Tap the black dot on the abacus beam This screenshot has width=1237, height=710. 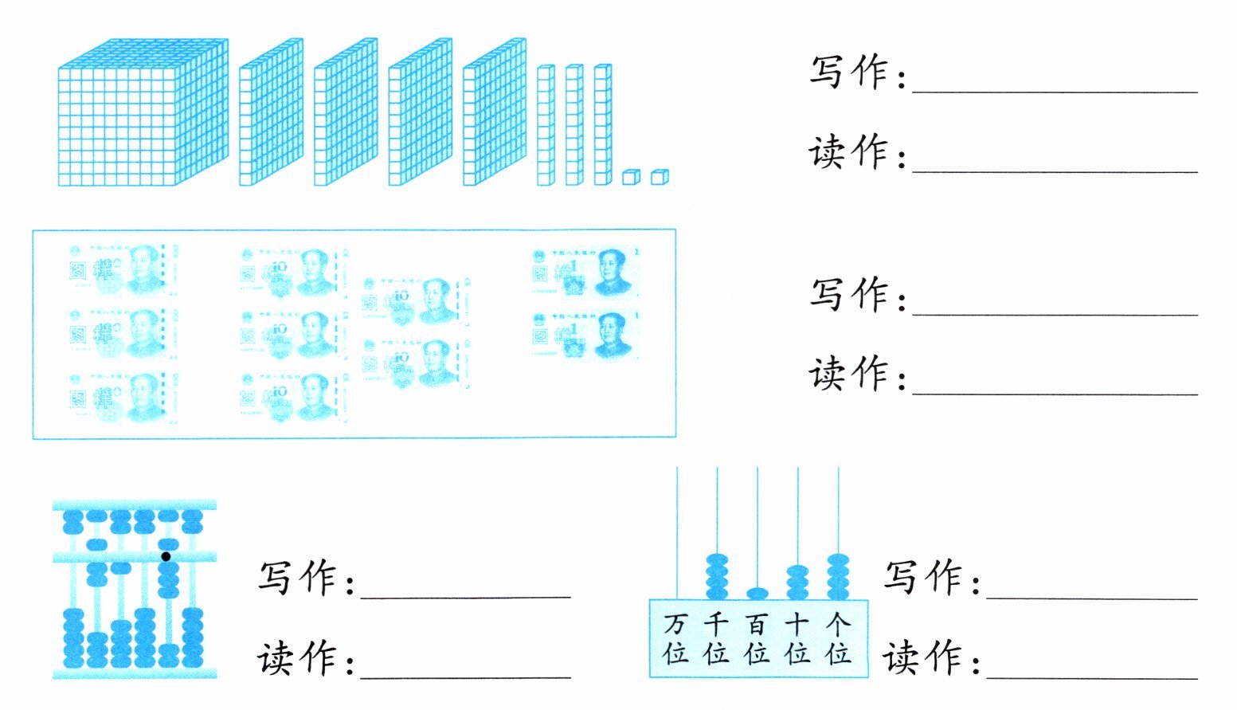166,556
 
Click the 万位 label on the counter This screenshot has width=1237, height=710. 676,638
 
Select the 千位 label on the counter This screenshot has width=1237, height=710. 716,638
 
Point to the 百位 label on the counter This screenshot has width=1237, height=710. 757,638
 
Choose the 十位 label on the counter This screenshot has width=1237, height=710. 797,638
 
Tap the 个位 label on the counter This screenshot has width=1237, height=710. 838,638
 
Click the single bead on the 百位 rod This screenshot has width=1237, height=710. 757,593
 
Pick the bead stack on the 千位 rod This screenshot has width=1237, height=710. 717,576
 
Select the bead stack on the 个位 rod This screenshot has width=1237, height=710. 838,576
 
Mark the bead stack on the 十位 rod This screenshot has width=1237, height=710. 797,582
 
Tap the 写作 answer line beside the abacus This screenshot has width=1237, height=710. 465,594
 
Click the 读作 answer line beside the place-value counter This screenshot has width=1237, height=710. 1091,677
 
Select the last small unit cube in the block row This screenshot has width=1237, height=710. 660,177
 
